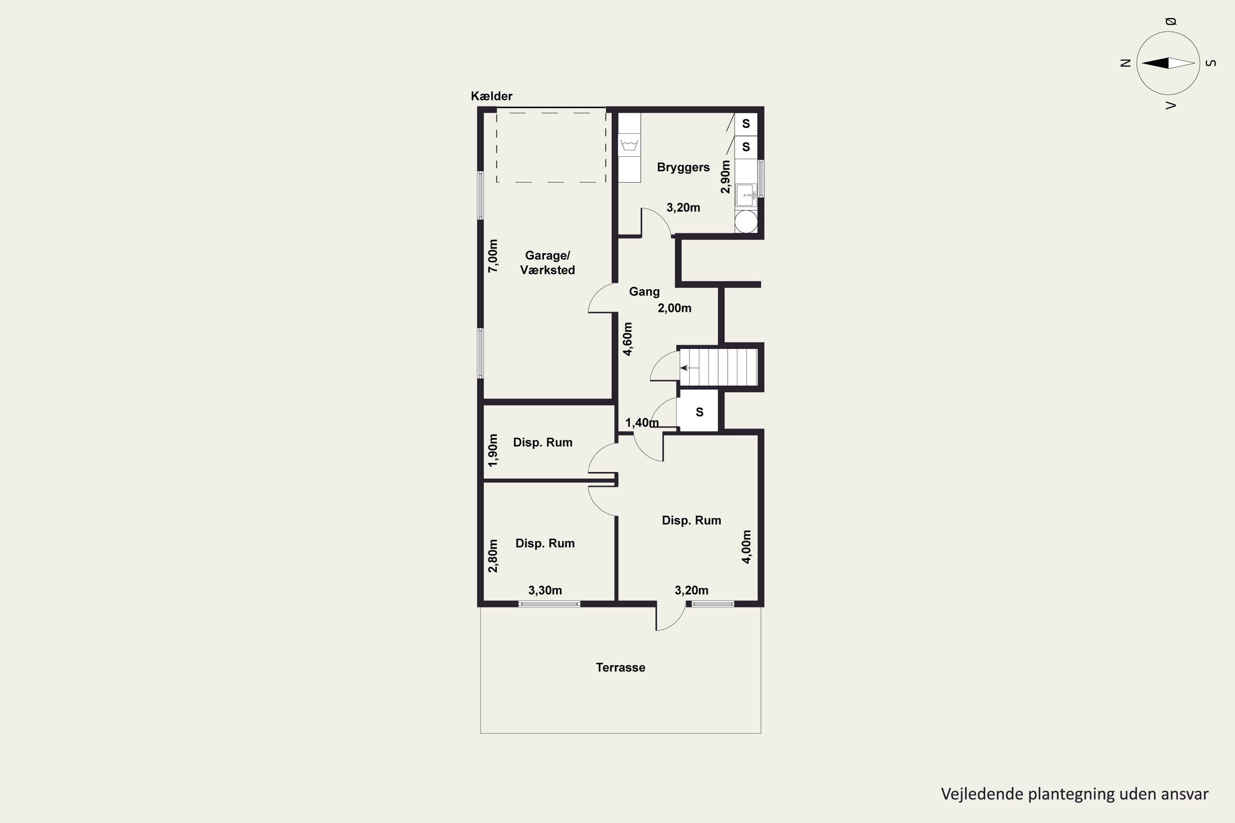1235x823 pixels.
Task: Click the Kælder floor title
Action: click(x=492, y=96)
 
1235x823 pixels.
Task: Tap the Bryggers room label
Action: click(x=683, y=167)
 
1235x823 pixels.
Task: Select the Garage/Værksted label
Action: click(x=547, y=263)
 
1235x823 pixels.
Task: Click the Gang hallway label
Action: click(x=644, y=292)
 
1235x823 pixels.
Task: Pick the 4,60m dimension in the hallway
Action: click(x=627, y=339)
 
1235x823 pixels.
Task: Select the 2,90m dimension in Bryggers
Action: click(x=725, y=177)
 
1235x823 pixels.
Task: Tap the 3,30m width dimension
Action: click(x=545, y=591)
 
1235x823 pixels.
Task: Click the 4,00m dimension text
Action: click(x=746, y=547)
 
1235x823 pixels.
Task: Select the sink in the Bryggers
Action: click(x=746, y=195)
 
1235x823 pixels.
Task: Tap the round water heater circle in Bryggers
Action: click(x=746, y=221)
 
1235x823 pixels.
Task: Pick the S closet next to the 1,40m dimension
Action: click(x=699, y=412)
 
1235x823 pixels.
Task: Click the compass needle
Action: click(x=1168, y=63)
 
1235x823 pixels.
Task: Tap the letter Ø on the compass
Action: click(x=1170, y=21)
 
